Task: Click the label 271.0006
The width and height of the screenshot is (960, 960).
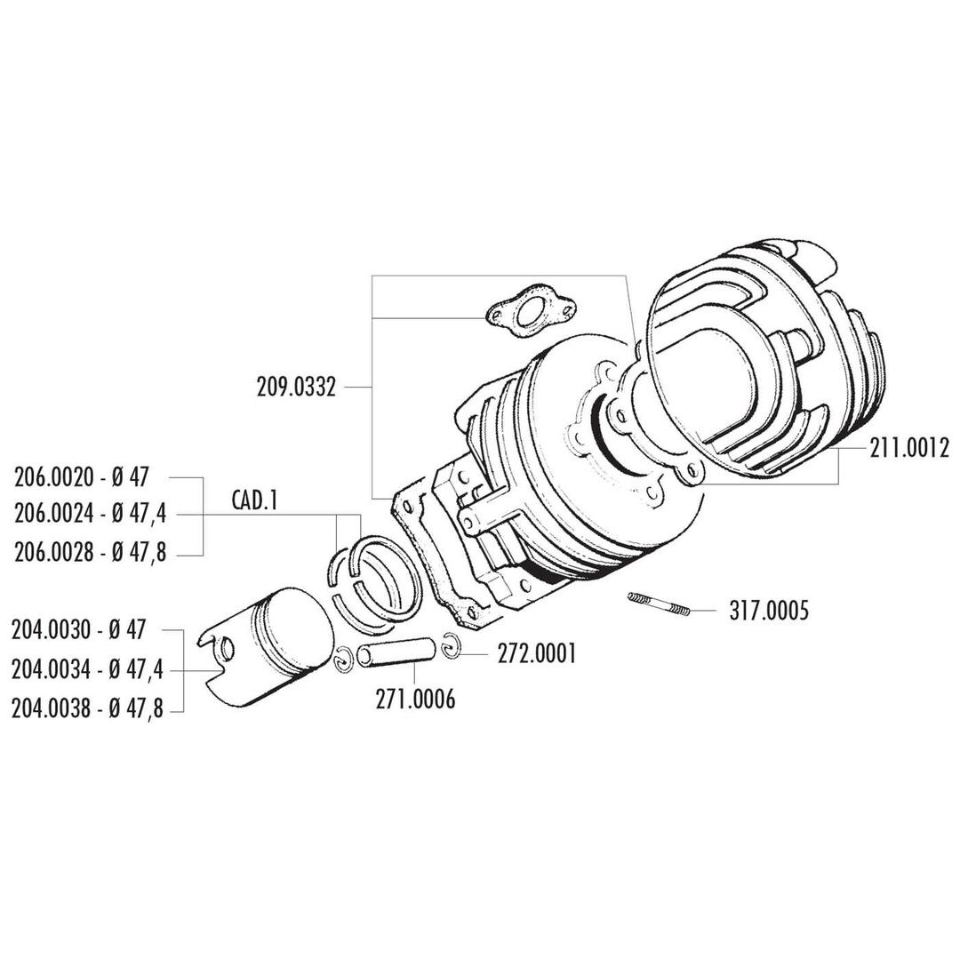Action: pyautogui.click(x=415, y=700)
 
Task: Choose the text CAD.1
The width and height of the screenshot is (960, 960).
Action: pyautogui.click(x=254, y=501)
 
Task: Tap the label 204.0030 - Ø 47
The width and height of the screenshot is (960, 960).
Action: pyautogui.click(x=78, y=630)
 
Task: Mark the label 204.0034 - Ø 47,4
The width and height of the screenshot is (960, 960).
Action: pyautogui.click(x=87, y=668)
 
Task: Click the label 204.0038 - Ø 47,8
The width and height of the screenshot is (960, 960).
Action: pyautogui.click(x=87, y=708)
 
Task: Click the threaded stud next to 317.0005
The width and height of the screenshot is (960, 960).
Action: pyautogui.click(x=659, y=603)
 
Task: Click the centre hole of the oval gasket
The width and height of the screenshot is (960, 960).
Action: pyautogui.click(x=532, y=313)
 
